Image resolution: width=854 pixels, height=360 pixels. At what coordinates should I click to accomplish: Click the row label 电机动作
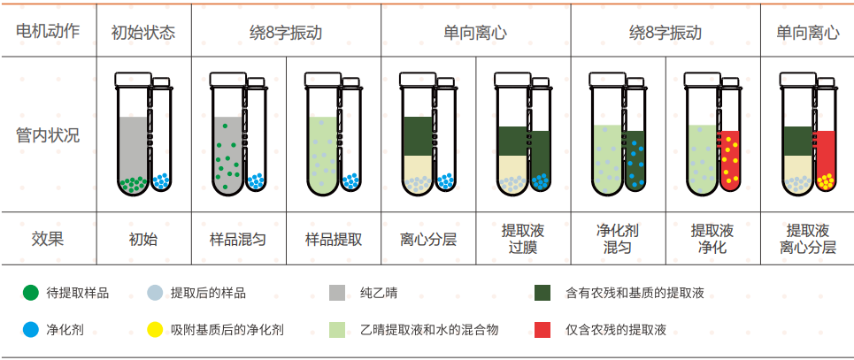48,32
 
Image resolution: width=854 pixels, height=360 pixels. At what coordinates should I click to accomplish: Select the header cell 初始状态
143,33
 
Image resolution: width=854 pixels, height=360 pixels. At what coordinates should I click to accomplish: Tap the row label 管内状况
48,135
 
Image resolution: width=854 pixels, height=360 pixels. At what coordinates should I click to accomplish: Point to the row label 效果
48,238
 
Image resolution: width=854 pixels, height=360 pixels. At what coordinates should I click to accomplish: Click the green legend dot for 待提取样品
31,293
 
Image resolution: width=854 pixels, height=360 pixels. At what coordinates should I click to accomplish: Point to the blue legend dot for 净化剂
31,330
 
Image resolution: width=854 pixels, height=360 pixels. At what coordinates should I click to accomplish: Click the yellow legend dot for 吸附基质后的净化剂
155,330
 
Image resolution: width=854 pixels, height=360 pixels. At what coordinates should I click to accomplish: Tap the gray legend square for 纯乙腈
336,293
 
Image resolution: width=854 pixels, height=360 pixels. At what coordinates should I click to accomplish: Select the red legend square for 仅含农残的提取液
543,330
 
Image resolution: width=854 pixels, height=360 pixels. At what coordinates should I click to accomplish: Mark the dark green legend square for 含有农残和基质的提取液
543,293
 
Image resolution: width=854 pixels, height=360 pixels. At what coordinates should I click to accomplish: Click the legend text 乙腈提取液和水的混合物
429,330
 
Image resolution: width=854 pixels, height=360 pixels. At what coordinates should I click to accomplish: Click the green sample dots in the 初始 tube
133,184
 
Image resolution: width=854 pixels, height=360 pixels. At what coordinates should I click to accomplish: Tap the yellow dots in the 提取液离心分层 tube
825,182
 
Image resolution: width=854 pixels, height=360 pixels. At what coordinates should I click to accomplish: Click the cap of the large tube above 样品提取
321,80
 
